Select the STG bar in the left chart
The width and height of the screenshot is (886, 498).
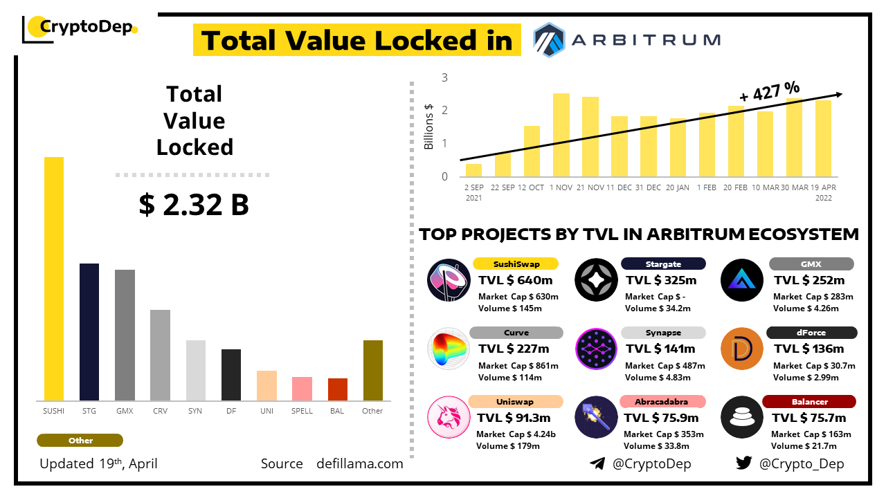click(x=89, y=332)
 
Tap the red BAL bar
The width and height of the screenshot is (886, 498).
click(x=338, y=389)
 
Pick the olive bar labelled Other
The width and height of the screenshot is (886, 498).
click(x=373, y=370)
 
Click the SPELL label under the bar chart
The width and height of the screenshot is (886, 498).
click(x=302, y=411)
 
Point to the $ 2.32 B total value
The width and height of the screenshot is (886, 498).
click(x=194, y=205)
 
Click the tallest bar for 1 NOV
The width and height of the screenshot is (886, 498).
click(x=561, y=135)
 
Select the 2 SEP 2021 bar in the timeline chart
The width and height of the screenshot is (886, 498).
click(x=473, y=170)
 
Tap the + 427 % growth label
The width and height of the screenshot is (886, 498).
click(x=769, y=91)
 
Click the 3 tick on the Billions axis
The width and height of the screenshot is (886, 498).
click(x=444, y=77)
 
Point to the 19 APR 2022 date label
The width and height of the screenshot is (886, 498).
click(x=823, y=192)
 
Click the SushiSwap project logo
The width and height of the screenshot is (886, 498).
click(x=449, y=280)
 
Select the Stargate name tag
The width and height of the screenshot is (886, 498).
click(x=663, y=264)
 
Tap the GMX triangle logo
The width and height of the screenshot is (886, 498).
click(x=742, y=280)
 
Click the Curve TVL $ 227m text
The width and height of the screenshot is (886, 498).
click(x=514, y=349)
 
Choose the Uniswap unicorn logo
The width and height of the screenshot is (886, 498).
click(x=449, y=417)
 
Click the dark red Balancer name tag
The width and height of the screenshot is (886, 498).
click(x=809, y=401)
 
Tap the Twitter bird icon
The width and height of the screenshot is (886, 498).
click(x=744, y=463)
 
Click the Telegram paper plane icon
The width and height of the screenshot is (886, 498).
click(x=597, y=463)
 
